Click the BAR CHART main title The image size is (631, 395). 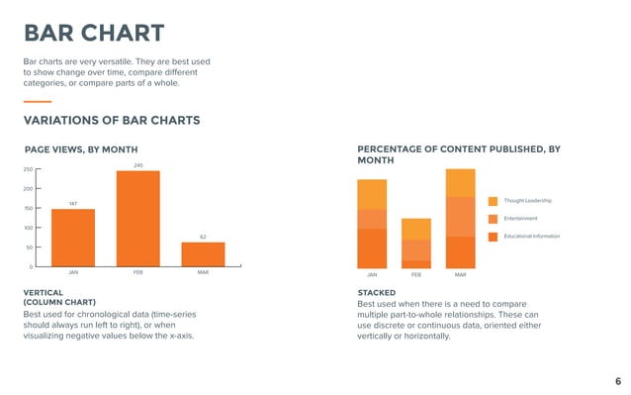(94, 33)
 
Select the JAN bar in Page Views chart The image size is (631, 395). (73, 238)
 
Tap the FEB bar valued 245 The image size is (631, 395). (137, 219)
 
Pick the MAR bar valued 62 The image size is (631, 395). (203, 254)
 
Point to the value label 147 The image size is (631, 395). (73, 204)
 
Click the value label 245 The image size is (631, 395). (137, 165)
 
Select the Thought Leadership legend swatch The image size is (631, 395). (494, 201)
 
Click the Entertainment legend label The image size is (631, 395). (520, 218)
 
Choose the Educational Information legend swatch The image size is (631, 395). (494, 237)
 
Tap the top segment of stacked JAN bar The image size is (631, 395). (372, 194)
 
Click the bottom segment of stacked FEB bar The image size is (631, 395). (416, 263)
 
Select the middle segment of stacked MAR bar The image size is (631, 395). (460, 216)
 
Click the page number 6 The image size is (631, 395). (617, 381)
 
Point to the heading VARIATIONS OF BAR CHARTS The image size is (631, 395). (112, 121)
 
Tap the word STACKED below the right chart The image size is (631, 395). (376, 293)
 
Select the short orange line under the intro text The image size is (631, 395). (38, 101)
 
